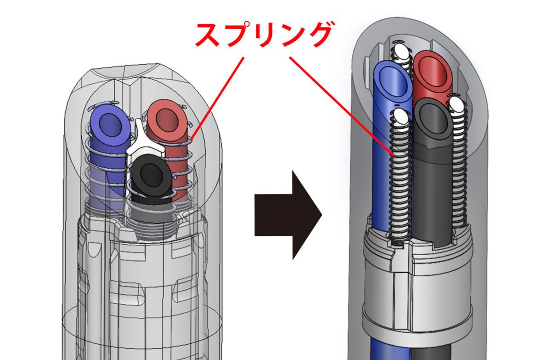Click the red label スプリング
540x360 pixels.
point(264,36)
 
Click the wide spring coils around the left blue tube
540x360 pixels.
point(104,166)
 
